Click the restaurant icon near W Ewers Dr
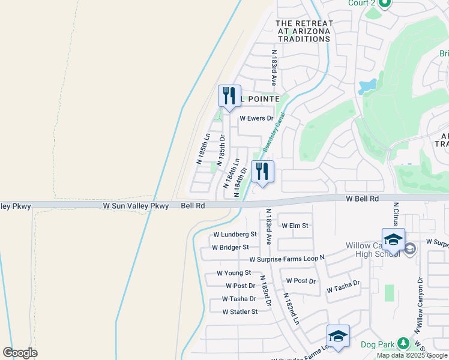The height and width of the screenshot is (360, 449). tap(229, 96)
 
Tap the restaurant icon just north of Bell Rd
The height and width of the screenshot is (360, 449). tap(262, 172)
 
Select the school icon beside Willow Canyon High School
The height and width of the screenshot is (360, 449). tap(393, 239)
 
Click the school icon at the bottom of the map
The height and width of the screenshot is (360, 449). tap(338, 336)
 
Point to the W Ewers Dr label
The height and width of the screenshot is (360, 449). tap(256, 119)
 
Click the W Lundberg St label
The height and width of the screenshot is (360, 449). tap(235, 235)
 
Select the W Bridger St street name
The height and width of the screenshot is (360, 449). tap(231, 247)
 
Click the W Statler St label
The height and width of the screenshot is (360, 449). tap(240, 312)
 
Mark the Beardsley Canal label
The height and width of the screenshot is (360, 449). tap(273, 131)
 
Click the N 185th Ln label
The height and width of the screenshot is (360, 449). tap(203, 148)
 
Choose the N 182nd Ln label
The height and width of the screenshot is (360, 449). tap(292, 309)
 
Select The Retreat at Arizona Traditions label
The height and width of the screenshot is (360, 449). tap(303, 31)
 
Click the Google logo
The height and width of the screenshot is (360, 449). tap(20, 353)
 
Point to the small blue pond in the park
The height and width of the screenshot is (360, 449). tap(367, 86)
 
